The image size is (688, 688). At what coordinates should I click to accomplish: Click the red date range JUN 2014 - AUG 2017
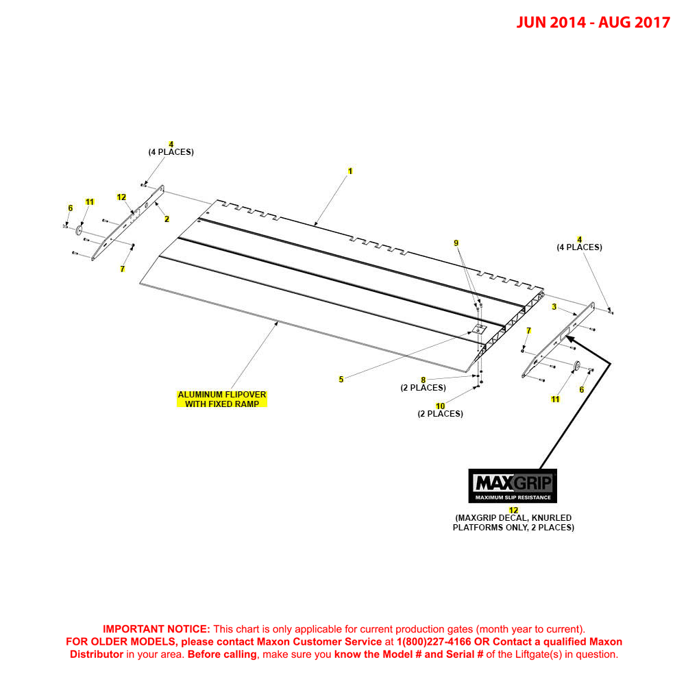click(x=593, y=23)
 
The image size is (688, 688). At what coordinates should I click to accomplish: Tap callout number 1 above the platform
click(x=350, y=171)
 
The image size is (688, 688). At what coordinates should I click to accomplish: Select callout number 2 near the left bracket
click(x=167, y=219)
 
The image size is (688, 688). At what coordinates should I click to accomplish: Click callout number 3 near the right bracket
click(x=554, y=307)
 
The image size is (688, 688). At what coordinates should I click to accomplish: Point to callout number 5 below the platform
click(x=341, y=380)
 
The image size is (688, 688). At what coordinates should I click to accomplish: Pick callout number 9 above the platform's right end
click(x=456, y=243)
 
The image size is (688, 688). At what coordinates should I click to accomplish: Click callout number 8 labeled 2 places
click(x=423, y=380)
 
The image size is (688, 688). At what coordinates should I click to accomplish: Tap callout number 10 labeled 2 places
click(x=440, y=406)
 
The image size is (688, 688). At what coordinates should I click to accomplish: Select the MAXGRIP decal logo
click(x=512, y=486)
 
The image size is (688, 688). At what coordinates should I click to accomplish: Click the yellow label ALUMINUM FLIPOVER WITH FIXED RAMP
click(x=222, y=399)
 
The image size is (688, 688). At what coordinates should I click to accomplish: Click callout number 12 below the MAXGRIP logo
click(x=513, y=511)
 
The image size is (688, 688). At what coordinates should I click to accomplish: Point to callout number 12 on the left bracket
click(x=121, y=197)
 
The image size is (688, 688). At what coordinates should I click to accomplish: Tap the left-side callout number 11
click(x=90, y=201)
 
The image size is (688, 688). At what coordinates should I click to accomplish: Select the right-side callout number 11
click(x=556, y=399)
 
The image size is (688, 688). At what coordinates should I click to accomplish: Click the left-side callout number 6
click(x=70, y=208)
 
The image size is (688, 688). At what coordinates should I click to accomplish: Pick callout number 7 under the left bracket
click(x=122, y=269)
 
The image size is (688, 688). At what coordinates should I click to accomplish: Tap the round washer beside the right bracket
click(x=576, y=366)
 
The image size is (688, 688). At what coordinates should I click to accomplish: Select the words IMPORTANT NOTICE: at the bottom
click(x=156, y=629)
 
